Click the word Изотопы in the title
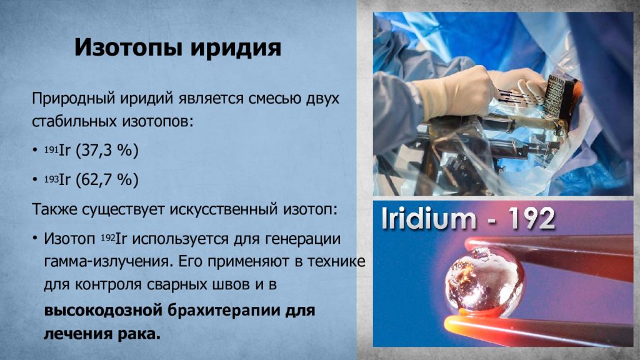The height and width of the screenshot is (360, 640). pyautogui.click(x=128, y=47)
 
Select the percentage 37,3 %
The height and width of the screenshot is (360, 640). pyautogui.click(x=107, y=151)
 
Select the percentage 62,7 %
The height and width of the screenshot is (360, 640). pyautogui.click(x=107, y=179)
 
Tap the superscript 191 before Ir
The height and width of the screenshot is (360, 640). pyautogui.click(x=51, y=150)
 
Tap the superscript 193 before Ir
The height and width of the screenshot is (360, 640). pyautogui.click(x=51, y=179)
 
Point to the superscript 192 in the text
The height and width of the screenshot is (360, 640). pyautogui.click(x=108, y=237)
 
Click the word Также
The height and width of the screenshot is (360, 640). pyautogui.click(x=54, y=209)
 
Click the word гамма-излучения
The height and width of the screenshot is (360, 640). pyautogui.click(x=106, y=262)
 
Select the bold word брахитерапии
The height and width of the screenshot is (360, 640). pyautogui.click(x=223, y=311)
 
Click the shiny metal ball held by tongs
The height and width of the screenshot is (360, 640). pyautogui.click(x=484, y=282)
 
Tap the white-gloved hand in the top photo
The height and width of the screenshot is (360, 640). pyautogui.click(x=454, y=94)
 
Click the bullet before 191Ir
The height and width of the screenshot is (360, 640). pyautogui.click(x=35, y=151)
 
